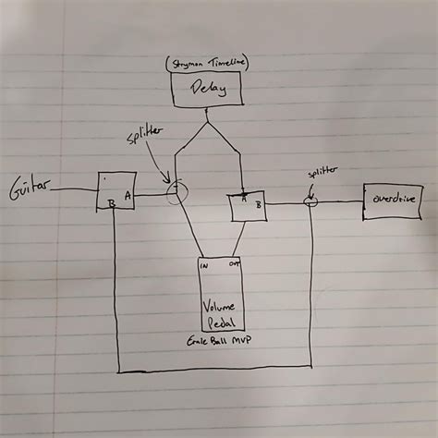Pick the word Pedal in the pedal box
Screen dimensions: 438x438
(x=219, y=323)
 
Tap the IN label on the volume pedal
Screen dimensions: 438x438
(x=205, y=264)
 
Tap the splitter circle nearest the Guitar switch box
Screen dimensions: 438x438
(x=176, y=192)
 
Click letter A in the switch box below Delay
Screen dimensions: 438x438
(x=243, y=197)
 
